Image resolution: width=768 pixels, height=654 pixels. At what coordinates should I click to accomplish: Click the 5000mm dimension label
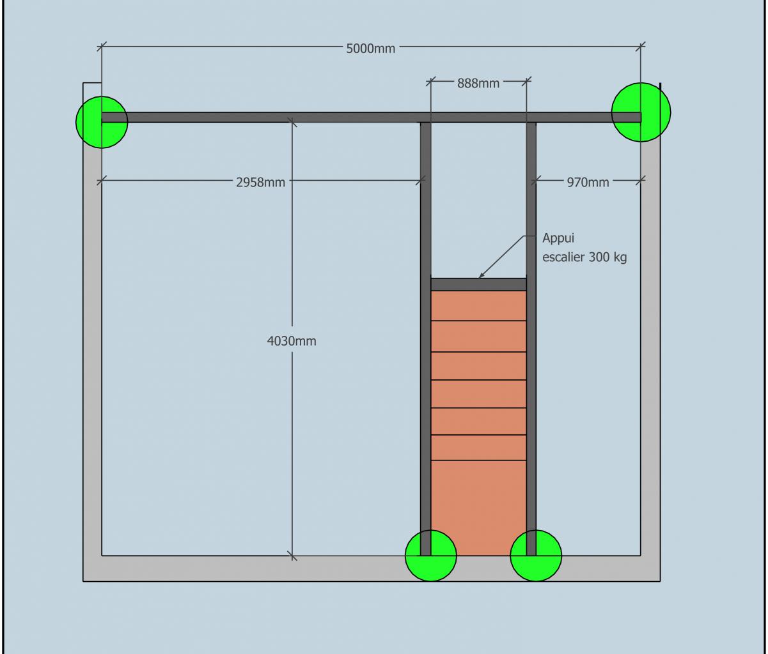(371, 49)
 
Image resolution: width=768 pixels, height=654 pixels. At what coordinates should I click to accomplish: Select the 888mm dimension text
(478, 83)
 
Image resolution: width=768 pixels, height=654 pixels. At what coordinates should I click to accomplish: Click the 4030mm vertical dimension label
(292, 341)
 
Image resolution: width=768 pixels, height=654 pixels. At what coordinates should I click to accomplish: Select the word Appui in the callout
(559, 239)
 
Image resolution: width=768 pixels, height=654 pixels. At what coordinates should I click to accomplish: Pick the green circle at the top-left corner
(101, 121)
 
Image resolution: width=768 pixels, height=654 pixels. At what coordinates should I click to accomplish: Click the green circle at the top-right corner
(641, 112)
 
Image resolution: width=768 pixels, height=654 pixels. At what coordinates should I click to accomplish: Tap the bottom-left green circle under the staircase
(431, 556)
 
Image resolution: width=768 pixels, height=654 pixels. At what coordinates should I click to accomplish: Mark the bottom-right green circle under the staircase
(536, 556)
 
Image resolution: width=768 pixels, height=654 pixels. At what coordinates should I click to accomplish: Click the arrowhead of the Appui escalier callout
(482, 276)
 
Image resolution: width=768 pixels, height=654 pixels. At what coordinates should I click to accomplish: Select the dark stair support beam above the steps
(478, 284)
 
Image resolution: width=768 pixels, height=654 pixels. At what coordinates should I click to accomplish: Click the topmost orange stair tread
(478, 306)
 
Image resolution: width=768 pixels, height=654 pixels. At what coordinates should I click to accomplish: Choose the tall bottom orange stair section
(478, 508)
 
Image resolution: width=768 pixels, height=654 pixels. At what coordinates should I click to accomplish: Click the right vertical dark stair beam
(531, 383)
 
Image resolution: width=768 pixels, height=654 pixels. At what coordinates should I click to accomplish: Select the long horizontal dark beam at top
(256, 118)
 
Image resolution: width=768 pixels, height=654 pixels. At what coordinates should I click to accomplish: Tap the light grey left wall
(92, 351)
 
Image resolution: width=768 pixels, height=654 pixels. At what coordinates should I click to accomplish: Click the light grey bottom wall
(256, 568)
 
